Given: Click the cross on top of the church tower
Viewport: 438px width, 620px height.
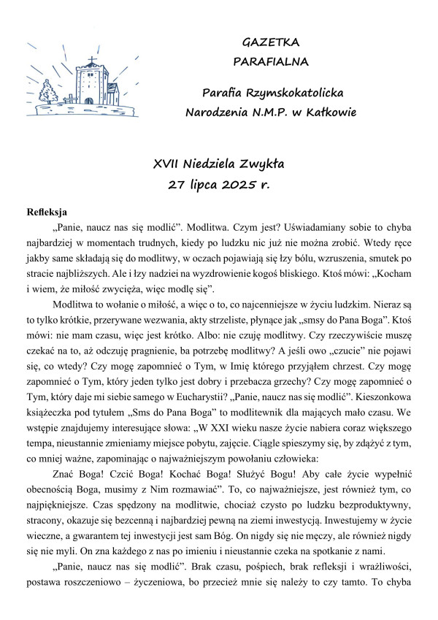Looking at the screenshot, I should point(92,61).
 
